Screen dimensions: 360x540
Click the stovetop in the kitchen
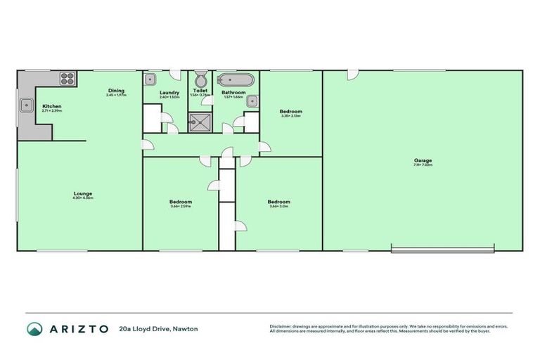click(67, 78)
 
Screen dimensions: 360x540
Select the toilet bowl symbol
click(200, 77)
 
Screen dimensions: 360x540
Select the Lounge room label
click(83, 193)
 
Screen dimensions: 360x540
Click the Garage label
click(423, 161)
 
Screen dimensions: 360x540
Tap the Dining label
click(116, 90)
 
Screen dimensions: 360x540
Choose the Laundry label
click(169, 92)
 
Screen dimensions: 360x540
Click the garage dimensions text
click(423, 166)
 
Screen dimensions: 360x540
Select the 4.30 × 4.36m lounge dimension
click(83, 198)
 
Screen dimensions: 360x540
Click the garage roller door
click(442, 248)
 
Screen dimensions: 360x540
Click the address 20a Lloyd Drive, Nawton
click(159, 328)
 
